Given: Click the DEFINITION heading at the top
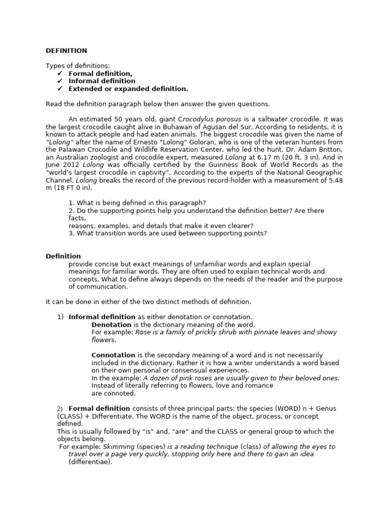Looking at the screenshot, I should (x=66, y=51).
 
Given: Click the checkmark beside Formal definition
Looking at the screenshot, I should (x=60, y=73).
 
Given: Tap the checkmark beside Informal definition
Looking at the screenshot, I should (x=60, y=81).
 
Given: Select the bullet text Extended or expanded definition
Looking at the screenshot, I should (x=128, y=89).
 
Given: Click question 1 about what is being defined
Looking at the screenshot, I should (x=137, y=203).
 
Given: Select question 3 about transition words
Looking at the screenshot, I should (x=167, y=233).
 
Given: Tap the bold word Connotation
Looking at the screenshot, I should (x=113, y=355).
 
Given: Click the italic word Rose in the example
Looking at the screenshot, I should (x=144, y=332).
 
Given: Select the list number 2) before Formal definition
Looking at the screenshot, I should (x=59, y=409).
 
